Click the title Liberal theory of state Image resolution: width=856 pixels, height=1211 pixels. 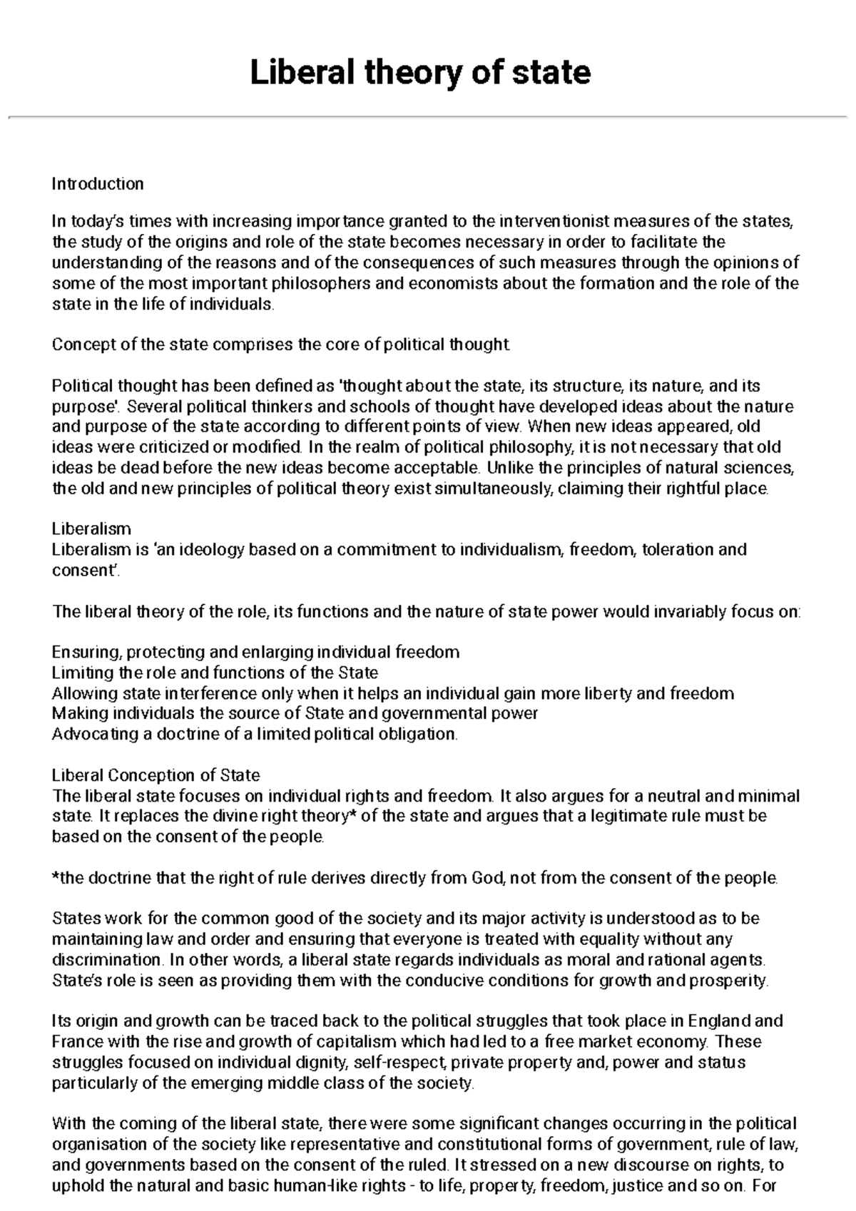420,73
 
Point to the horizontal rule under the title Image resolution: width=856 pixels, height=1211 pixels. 428,116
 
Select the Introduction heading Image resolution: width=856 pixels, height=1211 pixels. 98,184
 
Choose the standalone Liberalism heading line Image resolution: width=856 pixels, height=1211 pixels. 91,529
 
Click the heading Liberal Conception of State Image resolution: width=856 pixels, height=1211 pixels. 156,775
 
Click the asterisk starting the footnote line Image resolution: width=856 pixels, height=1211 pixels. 56,877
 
